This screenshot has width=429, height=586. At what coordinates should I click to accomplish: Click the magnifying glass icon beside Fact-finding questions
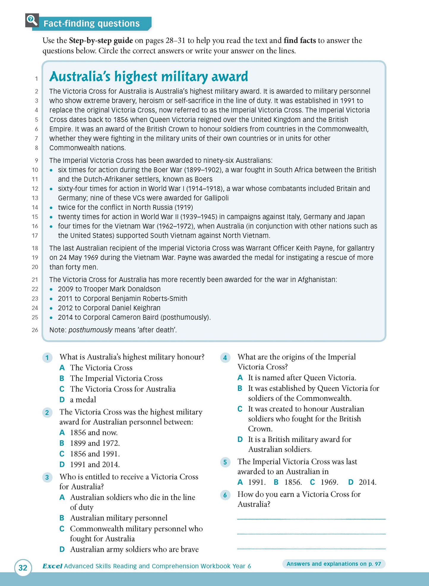pos(32,21)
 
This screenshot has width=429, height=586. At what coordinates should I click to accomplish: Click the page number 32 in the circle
pos(23,568)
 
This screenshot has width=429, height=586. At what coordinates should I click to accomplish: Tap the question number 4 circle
pos(225,357)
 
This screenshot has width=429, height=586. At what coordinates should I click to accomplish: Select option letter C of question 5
pos(312,482)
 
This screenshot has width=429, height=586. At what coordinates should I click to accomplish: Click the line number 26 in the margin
pos(35,330)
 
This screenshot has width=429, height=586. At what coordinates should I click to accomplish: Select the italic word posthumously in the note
pos(90,330)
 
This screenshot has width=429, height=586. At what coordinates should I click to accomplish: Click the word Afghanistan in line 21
pos(317,280)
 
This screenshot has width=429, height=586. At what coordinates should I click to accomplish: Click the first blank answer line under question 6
pos(311,519)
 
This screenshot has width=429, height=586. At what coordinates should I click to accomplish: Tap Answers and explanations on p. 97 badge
pos(333,564)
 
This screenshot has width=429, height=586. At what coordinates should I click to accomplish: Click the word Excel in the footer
pos(52,566)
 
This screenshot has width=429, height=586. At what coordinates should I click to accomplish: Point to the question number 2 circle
pos(47,412)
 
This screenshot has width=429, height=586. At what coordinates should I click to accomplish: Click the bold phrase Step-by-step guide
pos(101,40)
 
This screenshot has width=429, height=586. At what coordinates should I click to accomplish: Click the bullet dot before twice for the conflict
pos(51,208)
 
